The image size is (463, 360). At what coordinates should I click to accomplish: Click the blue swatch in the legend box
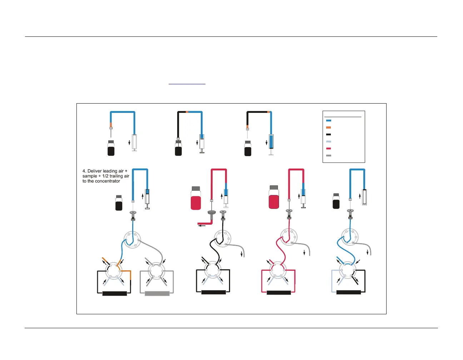coord(329,121)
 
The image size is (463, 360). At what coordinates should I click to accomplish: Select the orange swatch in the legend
coord(329,127)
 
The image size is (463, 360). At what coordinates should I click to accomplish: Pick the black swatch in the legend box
coord(329,135)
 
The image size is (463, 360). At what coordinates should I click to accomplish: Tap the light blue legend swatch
coord(329,142)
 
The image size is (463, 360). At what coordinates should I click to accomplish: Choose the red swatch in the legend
coord(329,149)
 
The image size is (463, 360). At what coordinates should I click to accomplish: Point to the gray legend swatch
coord(329,156)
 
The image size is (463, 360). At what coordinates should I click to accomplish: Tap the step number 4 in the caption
coord(84,171)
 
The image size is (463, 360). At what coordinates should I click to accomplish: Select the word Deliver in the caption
coord(95,171)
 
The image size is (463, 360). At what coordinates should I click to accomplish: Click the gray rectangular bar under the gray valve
coord(157,294)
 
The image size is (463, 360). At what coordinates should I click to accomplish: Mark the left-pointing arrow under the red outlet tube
coord(202,225)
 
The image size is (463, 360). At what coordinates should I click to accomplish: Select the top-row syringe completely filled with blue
coord(271,142)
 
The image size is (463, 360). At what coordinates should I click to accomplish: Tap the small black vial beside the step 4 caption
coord(119,203)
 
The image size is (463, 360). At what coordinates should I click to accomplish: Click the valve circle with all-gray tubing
coord(156,271)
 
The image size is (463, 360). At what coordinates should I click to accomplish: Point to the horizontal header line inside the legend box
coord(343,117)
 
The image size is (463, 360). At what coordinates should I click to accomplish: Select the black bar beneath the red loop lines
coord(279,293)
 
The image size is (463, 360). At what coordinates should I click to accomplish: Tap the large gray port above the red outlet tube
coord(212,213)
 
